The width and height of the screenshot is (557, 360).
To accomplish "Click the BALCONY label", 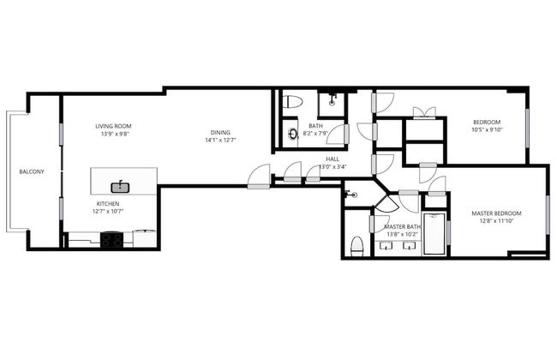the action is tap(32, 171).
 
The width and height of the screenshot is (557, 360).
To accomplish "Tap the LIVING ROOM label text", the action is tap(113, 126).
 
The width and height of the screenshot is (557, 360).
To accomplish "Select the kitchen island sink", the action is tap(120, 187).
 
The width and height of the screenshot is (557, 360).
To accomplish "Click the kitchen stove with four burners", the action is tap(111, 239).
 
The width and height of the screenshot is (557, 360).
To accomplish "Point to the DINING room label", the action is tap(220, 133).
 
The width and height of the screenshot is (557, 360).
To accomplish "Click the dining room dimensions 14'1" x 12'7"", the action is tap(220, 140).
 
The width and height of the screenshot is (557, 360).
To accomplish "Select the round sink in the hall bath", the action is tap(293, 134).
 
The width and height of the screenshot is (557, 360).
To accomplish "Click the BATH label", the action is tap(316, 126).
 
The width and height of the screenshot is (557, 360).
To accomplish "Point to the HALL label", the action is tap(332, 159).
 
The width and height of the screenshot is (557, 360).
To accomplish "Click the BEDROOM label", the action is tap(487, 123).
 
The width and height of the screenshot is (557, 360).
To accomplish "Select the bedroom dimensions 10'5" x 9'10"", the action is tap(487, 129).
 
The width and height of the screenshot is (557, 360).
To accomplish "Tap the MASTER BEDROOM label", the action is tap(496, 213).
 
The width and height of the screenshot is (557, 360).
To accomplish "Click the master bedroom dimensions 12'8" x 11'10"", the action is tap(496, 220).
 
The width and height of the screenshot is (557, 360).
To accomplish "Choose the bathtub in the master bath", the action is tap(434, 234).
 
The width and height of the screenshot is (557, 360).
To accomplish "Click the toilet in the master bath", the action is tap(357, 247).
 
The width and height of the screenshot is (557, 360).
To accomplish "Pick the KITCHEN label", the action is tap(108, 204).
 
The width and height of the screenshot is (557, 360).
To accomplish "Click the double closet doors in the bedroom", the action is tap(424, 112).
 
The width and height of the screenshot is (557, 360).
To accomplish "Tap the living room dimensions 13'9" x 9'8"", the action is tap(113, 134).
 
